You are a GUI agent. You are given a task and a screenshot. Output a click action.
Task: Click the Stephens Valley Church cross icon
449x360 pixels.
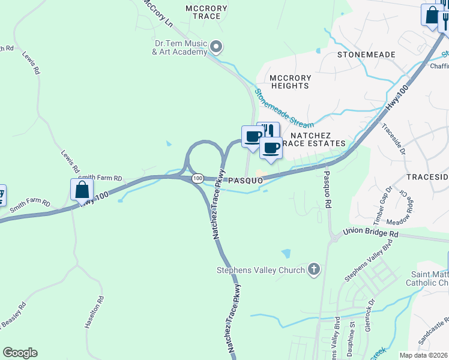pos(313,270)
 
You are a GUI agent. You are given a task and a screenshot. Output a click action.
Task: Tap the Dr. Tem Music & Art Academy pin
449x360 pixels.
pos(217,46)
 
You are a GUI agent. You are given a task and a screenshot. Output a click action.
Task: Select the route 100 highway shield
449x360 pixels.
pos(197,179)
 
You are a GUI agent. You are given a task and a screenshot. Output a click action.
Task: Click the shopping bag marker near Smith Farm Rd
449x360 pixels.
pos(82,190)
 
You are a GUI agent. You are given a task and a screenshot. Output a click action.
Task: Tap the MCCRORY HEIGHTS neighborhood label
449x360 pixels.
pos(290,82)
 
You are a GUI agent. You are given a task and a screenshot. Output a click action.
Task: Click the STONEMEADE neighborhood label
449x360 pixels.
pos(366,55)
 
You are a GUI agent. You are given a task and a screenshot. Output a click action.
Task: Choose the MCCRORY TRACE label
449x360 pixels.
pos(206,13)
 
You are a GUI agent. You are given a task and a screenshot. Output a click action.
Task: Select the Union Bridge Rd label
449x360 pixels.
pos(370,232)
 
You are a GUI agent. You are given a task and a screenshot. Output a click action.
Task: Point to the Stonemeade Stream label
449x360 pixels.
pos(284,109)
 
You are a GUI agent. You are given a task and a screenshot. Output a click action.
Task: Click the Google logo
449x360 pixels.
pos(20,353)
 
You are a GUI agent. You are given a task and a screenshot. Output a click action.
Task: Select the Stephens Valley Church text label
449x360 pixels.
pos(261,270)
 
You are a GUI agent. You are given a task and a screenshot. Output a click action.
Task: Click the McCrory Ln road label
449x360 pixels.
pos(158,11)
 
